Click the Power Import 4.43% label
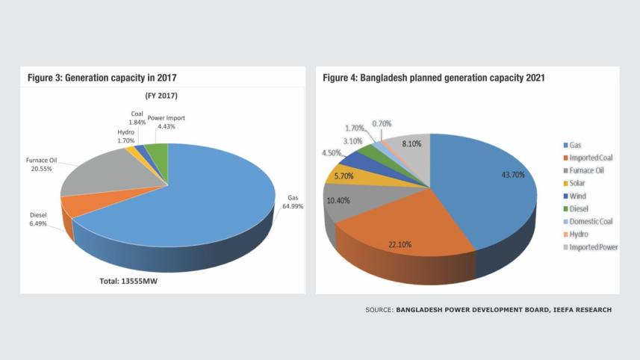(167, 122)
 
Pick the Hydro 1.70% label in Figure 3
(125, 135)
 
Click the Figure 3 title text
(102, 78)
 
